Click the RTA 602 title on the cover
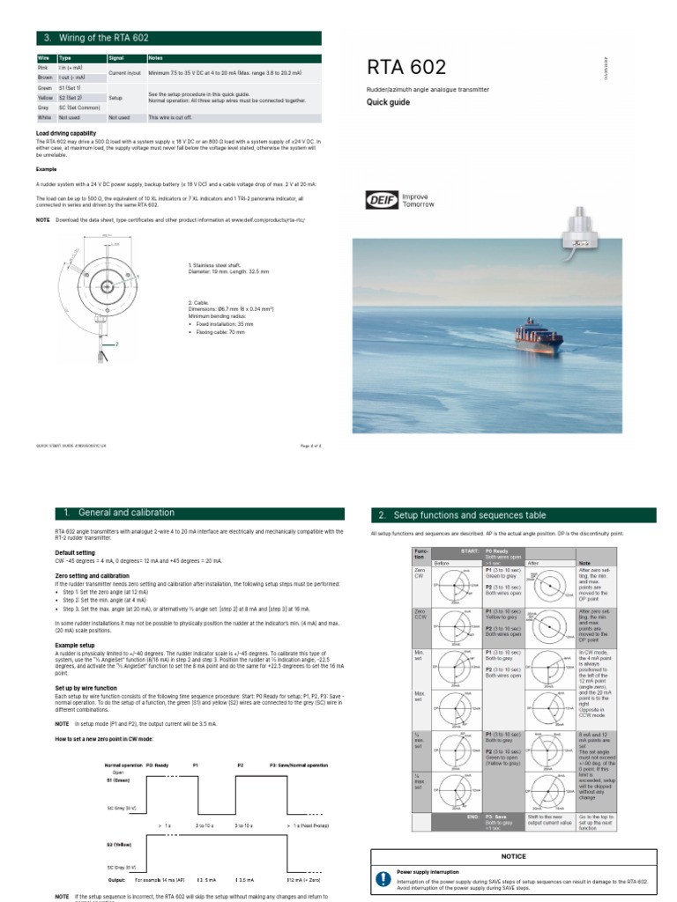pyautogui.click(x=406, y=68)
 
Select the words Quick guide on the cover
pyautogui.click(x=390, y=102)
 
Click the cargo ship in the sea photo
pyautogui.click(x=524, y=338)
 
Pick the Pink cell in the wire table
pyautogui.click(x=42, y=68)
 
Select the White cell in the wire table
pyautogui.click(x=43, y=116)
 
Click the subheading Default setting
pyautogui.click(x=75, y=552)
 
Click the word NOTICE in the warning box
pyautogui.click(x=513, y=855)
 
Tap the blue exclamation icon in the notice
pyautogui.click(x=383, y=878)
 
